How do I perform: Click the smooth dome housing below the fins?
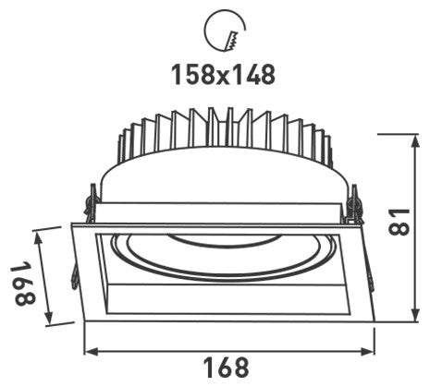(225, 180)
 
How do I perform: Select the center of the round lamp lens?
(222, 254)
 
